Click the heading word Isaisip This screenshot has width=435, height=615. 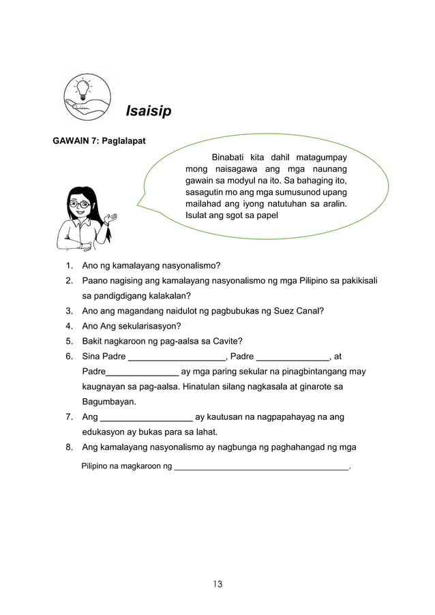pyautogui.click(x=148, y=110)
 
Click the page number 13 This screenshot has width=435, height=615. pyautogui.click(x=217, y=584)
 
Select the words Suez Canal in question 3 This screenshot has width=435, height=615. pyautogui.click(x=299, y=310)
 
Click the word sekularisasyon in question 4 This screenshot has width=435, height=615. pyautogui.click(x=148, y=325)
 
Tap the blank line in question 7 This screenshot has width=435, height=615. pyautogui.click(x=146, y=417)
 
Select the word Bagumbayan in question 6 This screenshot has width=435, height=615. pyautogui.click(x=108, y=401)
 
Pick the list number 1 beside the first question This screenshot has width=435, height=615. pyautogui.click(x=69, y=265)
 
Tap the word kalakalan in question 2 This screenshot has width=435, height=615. pyautogui.click(x=168, y=295)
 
